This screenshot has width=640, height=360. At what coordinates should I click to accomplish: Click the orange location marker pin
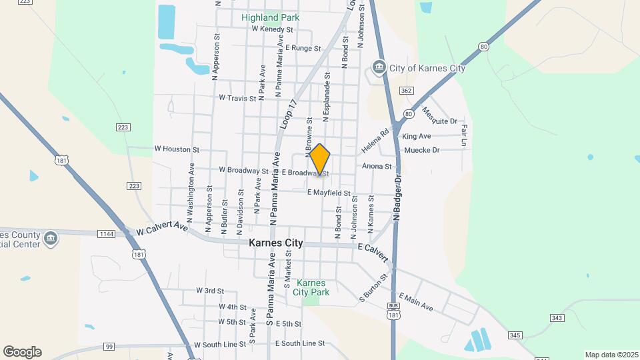pyautogui.click(x=320, y=159)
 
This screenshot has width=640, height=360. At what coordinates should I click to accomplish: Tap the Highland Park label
pyautogui.click(x=270, y=17)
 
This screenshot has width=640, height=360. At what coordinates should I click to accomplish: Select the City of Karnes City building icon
pyautogui.click(x=379, y=68)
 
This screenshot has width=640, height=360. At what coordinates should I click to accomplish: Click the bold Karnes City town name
pyautogui.click(x=275, y=243)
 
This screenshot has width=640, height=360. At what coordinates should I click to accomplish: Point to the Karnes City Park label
pyautogui.click(x=311, y=287)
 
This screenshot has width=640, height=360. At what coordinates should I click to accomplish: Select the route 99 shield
pyautogui.click(x=109, y=346)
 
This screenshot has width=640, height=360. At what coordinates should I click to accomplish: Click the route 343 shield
pyautogui.click(x=557, y=317)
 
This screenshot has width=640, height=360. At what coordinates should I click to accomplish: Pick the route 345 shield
pyautogui.click(x=515, y=335)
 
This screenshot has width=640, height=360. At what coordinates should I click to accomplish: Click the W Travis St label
pyautogui.click(x=237, y=98)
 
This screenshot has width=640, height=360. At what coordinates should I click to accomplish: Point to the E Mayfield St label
pyautogui.click(x=329, y=193)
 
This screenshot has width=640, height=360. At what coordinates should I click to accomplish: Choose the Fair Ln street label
pyautogui.click(x=463, y=135)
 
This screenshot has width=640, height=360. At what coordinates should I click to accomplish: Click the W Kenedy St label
pyautogui.click(x=273, y=30)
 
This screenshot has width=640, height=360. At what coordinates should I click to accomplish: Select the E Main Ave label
pyautogui.click(x=416, y=302)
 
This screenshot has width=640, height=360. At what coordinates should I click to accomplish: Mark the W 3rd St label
pyautogui.click(x=210, y=291)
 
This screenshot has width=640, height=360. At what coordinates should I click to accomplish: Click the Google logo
pyautogui.click(x=22, y=352)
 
